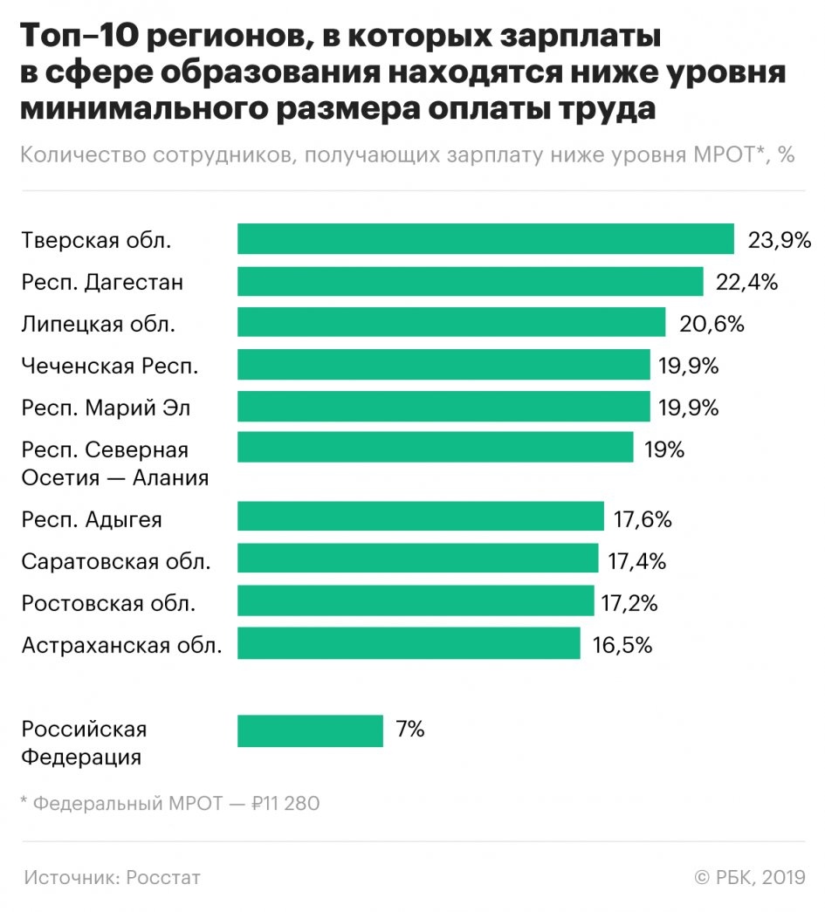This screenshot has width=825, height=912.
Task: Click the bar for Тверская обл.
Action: tap(485, 239)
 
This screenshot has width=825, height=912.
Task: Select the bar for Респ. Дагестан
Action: tap(471, 281)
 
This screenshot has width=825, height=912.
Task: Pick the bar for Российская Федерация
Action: tap(310, 730)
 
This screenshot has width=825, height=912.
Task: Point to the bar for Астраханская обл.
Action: tap(409, 644)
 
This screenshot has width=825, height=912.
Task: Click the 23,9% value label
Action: tap(780, 240)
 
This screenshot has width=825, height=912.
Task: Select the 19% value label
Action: tap(665, 449)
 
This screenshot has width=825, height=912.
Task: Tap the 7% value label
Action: tap(409, 730)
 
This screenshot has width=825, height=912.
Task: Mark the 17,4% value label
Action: tap(637, 561)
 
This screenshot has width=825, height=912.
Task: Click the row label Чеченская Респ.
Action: tap(110, 367)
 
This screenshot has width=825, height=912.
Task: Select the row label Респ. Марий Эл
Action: tap(106, 408)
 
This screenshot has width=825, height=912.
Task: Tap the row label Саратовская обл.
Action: tap(116, 561)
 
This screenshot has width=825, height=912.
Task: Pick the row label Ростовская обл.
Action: tap(108, 603)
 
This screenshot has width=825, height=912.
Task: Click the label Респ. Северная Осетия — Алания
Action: tap(115, 463)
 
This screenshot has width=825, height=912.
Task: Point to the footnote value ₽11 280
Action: tap(285, 803)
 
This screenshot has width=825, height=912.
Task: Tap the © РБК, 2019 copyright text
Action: tap(750, 877)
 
